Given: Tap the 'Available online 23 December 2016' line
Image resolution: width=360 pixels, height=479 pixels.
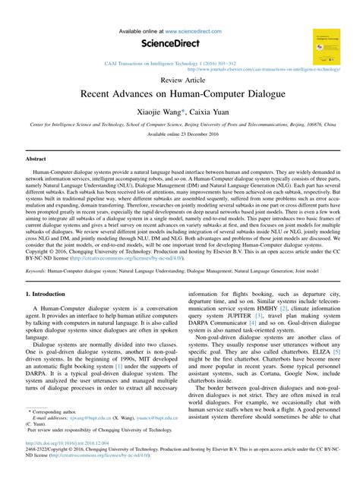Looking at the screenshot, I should [x=179, y=134].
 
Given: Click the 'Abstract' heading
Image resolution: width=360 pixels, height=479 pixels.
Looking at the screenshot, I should [x=36, y=159].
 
